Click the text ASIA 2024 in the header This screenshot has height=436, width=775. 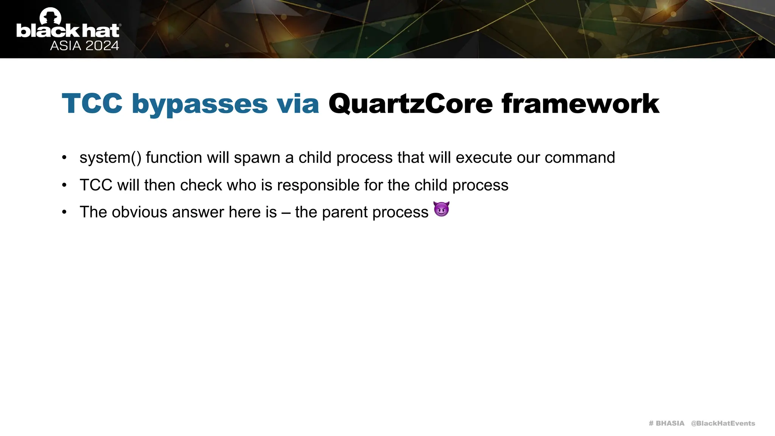coord(84,46)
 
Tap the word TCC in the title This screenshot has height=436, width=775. coord(92,103)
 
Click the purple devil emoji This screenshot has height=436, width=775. coord(441,209)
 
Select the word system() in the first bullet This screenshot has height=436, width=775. coord(110,158)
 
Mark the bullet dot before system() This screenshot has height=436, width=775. coord(64,157)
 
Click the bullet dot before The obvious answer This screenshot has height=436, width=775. coord(64,212)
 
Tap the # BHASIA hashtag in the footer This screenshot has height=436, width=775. coord(666,423)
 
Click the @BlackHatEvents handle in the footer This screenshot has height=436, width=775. coord(723,423)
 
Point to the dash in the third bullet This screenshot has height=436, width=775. coord(286,213)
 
